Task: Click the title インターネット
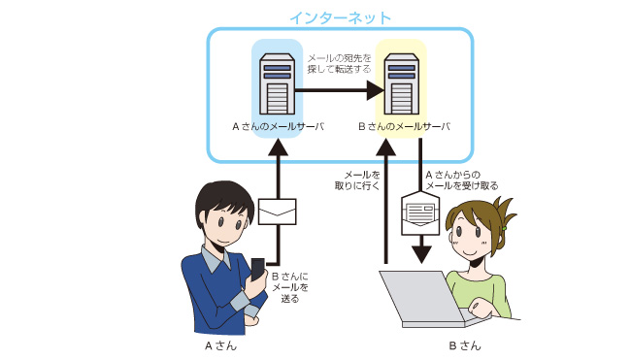[x=340, y=18]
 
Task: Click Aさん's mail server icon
[x=278, y=84]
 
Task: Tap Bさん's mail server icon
[x=401, y=84]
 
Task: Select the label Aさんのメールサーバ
[x=278, y=126]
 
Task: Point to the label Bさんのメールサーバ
[x=404, y=126]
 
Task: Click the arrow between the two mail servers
[x=340, y=90]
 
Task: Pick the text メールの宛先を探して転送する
[x=339, y=64]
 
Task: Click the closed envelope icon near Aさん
[x=278, y=212]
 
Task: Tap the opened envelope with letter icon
[x=420, y=213]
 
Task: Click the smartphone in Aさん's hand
[x=257, y=269]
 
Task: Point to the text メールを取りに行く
[x=357, y=180]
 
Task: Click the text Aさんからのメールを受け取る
[x=461, y=180]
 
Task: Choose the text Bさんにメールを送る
[x=290, y=287]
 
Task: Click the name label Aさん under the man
[x=221, y=345]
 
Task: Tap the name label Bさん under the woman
[x=465, y=345]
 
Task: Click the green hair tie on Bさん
[x=504, y=228]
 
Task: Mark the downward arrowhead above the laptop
[x=421, y=254]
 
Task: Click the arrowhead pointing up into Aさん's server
[x=278, y=147]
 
